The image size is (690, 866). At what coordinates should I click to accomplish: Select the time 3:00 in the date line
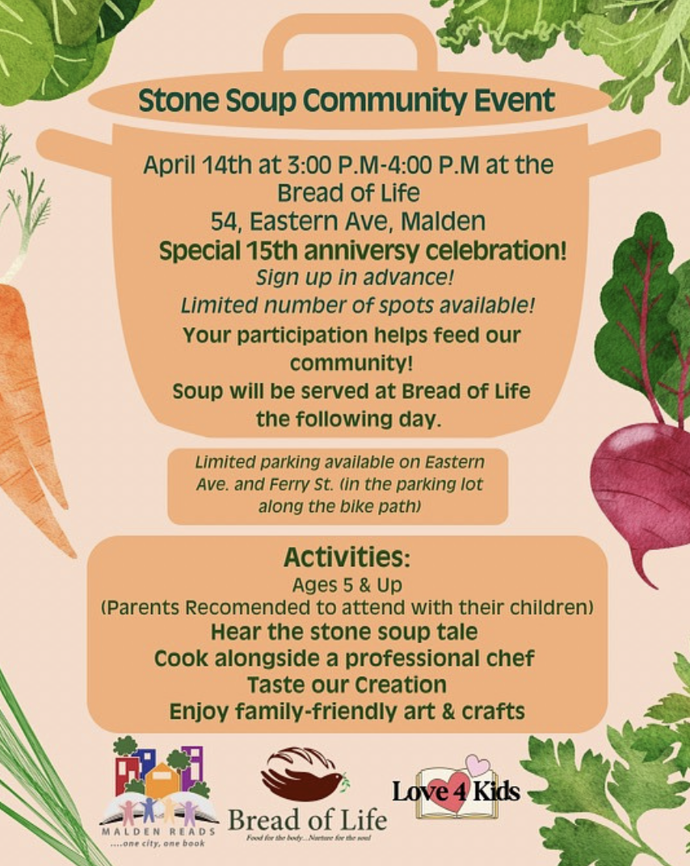[x=306, y=165]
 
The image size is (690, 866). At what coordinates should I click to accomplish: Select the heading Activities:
[x=347, y=557]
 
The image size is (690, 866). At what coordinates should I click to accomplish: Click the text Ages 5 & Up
[x=347, y=585]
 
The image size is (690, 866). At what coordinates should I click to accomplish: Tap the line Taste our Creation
[x=347, y=685]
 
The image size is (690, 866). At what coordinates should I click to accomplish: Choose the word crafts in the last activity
[x=493, y=712]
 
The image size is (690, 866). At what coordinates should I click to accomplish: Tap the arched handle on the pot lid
[x=350, y=41]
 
